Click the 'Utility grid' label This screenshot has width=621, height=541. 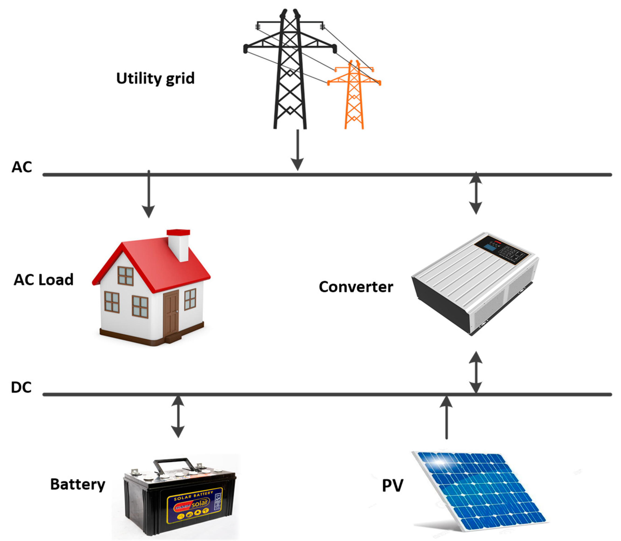(155, 78)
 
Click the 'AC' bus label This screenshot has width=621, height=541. (22, 167)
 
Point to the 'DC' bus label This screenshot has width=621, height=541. (21, 387)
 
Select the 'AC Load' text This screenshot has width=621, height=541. (44, 280)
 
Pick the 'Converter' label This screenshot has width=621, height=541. (356, 287)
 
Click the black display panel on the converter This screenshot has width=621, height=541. (501, 250)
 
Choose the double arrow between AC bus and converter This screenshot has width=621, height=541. (476, 193)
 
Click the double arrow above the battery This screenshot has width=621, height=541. (178, 417)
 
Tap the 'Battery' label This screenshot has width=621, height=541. (78, 484)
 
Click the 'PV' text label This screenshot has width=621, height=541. (392, 485)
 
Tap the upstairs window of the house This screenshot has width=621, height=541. (126, 276)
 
